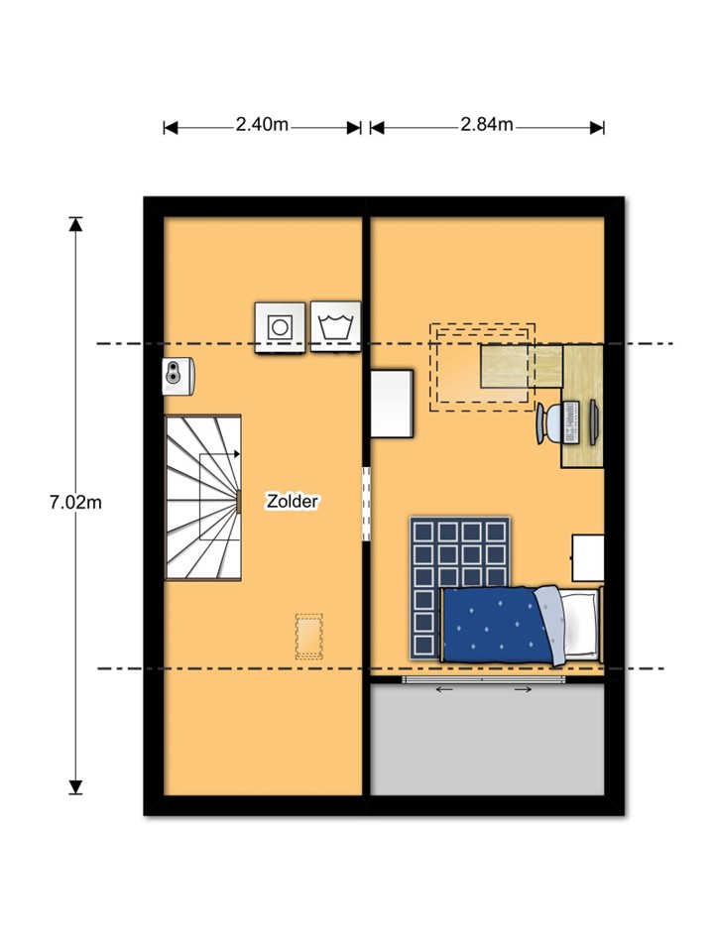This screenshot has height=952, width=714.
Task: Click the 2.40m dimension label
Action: (262, 125)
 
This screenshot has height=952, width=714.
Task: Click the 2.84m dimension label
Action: (486, 125)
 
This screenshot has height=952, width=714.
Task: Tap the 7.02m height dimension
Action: (75, 503)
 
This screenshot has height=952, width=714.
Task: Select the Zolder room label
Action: (293, 502)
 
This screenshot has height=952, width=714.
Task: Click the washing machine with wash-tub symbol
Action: (335, 326)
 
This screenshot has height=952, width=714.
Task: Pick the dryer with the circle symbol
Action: (280, 327)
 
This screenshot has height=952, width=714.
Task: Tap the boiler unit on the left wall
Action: (178, 377)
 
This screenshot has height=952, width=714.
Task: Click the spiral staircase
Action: (202, 497)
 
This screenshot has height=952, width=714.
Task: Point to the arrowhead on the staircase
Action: (237, 454)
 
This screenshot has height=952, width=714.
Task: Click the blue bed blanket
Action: (497, 625)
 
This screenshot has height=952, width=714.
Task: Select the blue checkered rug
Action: (459, 586)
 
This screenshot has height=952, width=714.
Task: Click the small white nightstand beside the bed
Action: (588, 558)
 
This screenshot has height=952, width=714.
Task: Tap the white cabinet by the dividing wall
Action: (393, 404)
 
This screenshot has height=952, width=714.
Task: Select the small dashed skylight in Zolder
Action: (309, 637)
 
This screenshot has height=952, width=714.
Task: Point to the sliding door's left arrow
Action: (444, 689)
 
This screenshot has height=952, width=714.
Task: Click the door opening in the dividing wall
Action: (366, 504)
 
